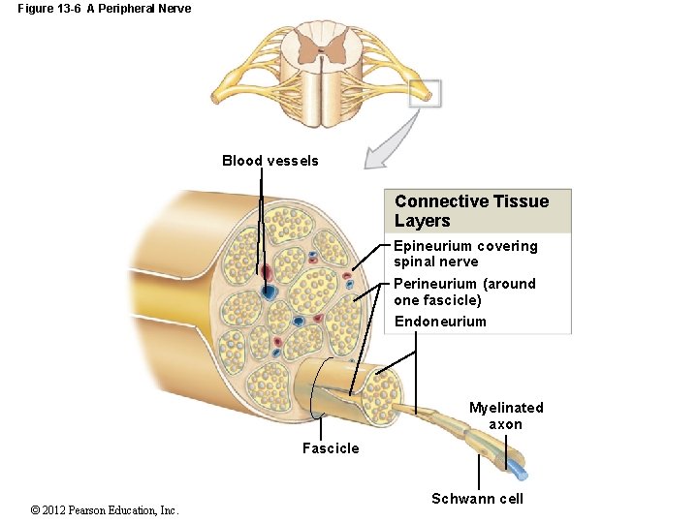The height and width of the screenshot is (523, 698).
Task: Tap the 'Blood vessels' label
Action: click(x=270, y=161)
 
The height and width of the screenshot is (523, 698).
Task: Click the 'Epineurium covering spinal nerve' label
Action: click(x=464, y=254)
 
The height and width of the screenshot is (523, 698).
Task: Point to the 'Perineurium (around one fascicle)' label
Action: click(x=463, y=292)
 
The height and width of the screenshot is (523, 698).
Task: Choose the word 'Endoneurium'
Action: click(x=439, y=322)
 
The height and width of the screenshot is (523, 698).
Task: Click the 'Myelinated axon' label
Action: click(x=506, y=415)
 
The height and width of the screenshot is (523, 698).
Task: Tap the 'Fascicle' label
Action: click(x=330, y=448)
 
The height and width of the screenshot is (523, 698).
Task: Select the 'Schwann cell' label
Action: click(x=477, y=499)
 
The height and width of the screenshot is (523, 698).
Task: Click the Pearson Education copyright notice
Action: click(x=105, y=510)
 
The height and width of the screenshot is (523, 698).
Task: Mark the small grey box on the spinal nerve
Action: click(x=426, y=92)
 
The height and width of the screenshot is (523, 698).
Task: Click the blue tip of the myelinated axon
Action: click(x=521, y=474)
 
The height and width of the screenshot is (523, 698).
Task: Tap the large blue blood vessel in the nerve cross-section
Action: click(x=269, y=290)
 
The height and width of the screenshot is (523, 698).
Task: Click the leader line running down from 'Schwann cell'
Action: click(x=479, y=474)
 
